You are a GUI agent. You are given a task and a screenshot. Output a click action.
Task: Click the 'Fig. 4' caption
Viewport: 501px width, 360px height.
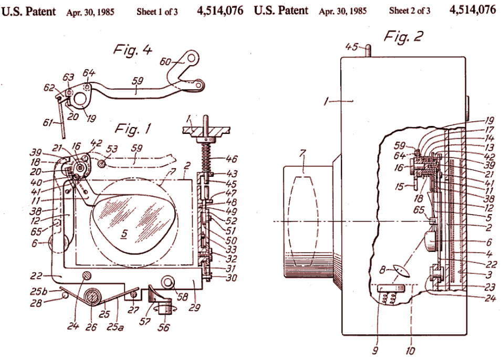point(132,50)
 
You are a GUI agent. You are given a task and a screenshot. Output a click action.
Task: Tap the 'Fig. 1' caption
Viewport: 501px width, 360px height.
point(132,129)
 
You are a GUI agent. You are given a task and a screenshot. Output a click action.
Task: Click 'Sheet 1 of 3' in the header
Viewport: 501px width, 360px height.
point(157,12)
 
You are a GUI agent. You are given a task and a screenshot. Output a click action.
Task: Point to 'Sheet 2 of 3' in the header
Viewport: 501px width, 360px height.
point(409,10)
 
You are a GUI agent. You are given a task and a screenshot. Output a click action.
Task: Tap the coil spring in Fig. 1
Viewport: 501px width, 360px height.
point(205,157)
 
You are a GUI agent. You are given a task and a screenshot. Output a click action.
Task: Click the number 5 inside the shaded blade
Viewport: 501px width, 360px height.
point(124,234)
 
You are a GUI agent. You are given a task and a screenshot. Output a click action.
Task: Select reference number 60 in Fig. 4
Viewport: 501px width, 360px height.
point(165,61)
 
